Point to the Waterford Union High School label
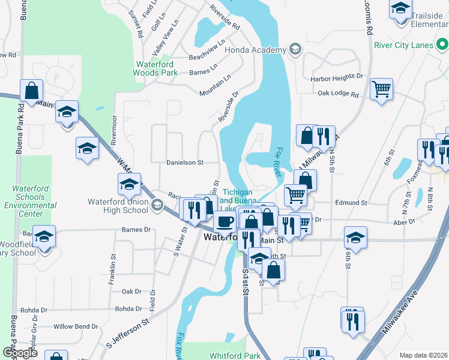[118, 206]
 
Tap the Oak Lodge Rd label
[338, 94]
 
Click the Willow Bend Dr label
[76, 326]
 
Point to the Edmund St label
[351, 203]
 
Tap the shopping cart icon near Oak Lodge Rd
[381, 90]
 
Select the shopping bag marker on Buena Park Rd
[32, 91]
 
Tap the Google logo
[20, 353]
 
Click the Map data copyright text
[422, 355]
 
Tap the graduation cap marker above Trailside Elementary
[400, 9]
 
